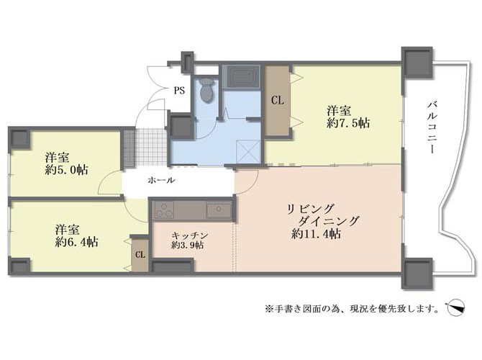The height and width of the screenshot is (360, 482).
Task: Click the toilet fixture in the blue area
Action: tap(206, 89)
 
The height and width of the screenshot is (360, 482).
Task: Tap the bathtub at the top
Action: tap(242, 77)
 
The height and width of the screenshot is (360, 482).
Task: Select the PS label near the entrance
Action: tap(180, 91)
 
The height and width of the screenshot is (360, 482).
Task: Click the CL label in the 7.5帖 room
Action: tap(277, 100)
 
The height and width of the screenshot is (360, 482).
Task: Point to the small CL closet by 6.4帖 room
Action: tap(140, 255)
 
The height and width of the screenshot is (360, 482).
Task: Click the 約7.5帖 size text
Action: tap(348, 123)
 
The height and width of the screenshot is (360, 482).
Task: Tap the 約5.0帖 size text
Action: tap(66, 169)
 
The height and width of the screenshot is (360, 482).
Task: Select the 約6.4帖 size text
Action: tap(76, 242)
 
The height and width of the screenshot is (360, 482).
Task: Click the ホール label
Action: tap(161, 180)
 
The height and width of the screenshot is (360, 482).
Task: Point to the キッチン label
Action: tap(190, 235)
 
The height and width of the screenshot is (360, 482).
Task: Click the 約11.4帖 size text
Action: tap(316, 235)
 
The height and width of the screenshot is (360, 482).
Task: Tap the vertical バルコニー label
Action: tap(432, 127)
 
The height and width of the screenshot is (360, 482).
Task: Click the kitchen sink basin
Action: tap(219, 210)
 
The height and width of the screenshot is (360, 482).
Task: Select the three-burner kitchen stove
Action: tap(164, 210)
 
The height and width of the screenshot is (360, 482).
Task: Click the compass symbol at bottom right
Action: tap(455, 308)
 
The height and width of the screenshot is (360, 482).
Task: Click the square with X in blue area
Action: tap(248, 151)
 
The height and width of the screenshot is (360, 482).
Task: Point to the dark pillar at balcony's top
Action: tap(417, 63)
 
